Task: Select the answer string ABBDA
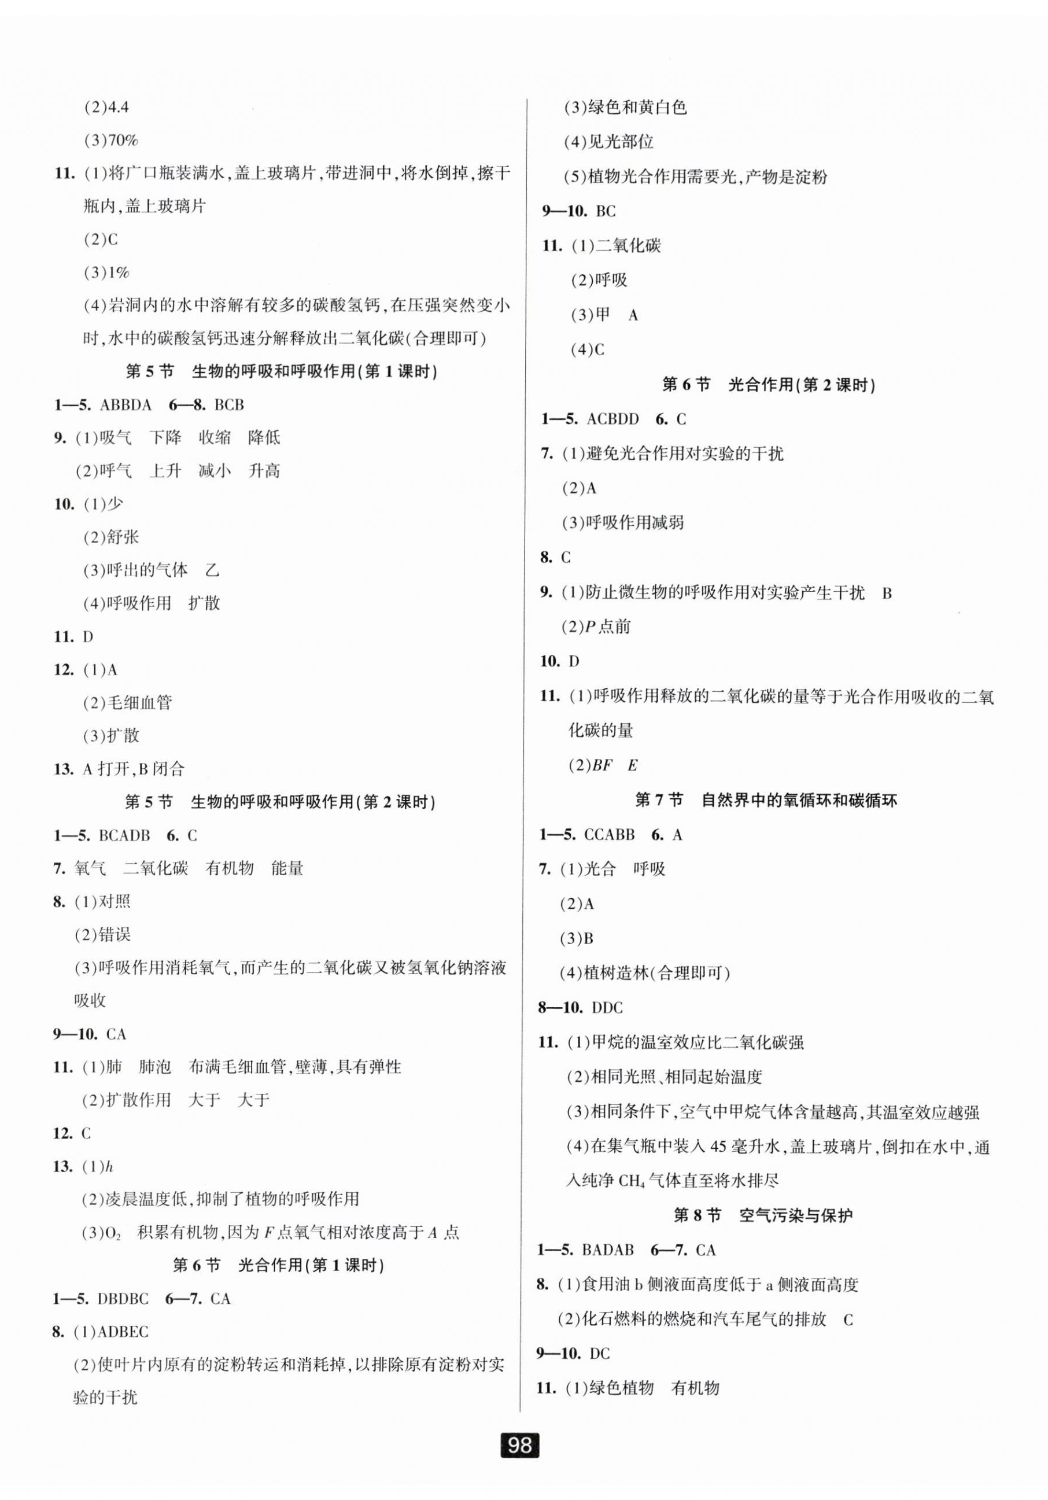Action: click(x=126, y=405)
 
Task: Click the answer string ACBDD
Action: click(x=613, y=419)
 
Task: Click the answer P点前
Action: click(x=608, y=626)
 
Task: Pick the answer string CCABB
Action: click(x=609, y=834)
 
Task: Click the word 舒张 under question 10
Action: click(x=122, y=537)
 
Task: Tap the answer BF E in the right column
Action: click(x=614, y=765)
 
